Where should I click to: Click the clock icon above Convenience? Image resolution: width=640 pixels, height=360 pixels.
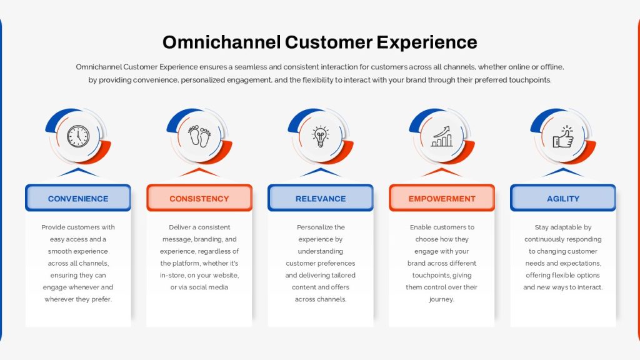click(78, 136)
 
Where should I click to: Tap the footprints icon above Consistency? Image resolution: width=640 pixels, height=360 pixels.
click(199, 136)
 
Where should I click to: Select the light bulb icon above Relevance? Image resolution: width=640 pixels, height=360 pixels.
click(321, 136)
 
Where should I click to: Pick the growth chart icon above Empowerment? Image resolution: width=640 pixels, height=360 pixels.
click(442, 136)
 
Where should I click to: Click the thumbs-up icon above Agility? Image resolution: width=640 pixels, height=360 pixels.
click(563, 136)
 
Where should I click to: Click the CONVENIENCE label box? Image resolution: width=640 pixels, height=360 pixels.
click(78, 198)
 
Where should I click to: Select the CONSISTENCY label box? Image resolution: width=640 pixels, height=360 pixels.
click(199, 198)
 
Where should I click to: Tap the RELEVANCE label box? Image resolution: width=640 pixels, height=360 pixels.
click(321, 198)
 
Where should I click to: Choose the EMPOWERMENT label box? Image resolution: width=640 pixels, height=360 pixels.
click(442, 198)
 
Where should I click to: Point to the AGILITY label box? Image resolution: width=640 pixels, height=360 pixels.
click(563, 198)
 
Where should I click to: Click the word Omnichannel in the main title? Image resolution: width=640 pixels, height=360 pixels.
click(222, 42)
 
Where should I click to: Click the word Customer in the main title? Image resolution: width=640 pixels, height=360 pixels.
click(329, 42)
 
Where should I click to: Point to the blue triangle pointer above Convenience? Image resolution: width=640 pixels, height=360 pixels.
click(78, 172)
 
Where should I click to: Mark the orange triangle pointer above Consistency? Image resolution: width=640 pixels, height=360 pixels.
click(199, 172)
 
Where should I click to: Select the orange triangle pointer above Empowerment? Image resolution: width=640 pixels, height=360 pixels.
click(442, 172)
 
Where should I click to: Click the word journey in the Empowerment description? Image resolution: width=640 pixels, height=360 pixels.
click(441, 299)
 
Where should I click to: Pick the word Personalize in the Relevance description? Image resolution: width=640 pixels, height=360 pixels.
click(312, 227)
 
